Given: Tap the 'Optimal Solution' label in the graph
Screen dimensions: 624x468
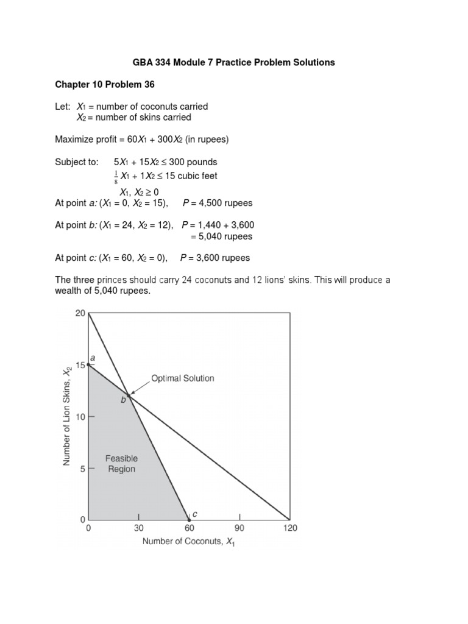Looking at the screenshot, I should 182,378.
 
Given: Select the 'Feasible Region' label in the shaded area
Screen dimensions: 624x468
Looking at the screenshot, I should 122,464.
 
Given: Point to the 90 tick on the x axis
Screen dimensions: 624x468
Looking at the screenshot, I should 239,528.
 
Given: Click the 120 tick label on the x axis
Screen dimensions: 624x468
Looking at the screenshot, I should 289,528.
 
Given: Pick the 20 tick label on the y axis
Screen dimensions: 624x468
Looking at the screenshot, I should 80,314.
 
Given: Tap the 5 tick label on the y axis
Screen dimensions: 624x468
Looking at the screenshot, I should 83,469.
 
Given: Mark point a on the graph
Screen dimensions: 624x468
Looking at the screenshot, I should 89,364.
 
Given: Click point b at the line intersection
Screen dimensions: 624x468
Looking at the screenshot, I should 129,396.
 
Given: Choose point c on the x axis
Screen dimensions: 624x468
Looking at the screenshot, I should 189,520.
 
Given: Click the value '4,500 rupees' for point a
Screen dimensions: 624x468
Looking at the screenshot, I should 222,203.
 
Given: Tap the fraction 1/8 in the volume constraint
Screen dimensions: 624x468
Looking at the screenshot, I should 108,176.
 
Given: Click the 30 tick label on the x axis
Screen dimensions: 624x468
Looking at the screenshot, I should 139,528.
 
